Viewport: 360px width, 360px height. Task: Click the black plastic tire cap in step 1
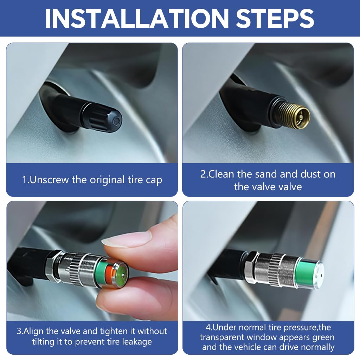102,117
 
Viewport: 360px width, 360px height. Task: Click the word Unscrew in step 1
49,180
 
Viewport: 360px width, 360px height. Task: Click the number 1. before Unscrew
26,180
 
